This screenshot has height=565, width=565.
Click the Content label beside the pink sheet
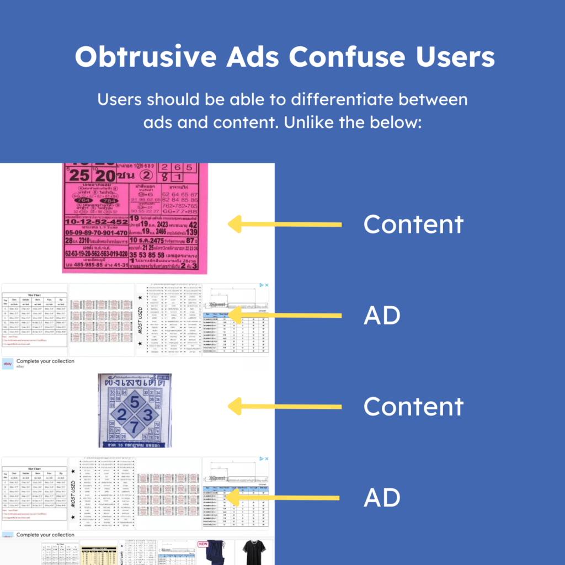413,224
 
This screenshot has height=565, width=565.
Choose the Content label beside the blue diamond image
413,406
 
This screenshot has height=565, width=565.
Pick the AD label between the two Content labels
382,315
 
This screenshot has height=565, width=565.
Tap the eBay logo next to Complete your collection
8,364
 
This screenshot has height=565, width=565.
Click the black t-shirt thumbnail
254,553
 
